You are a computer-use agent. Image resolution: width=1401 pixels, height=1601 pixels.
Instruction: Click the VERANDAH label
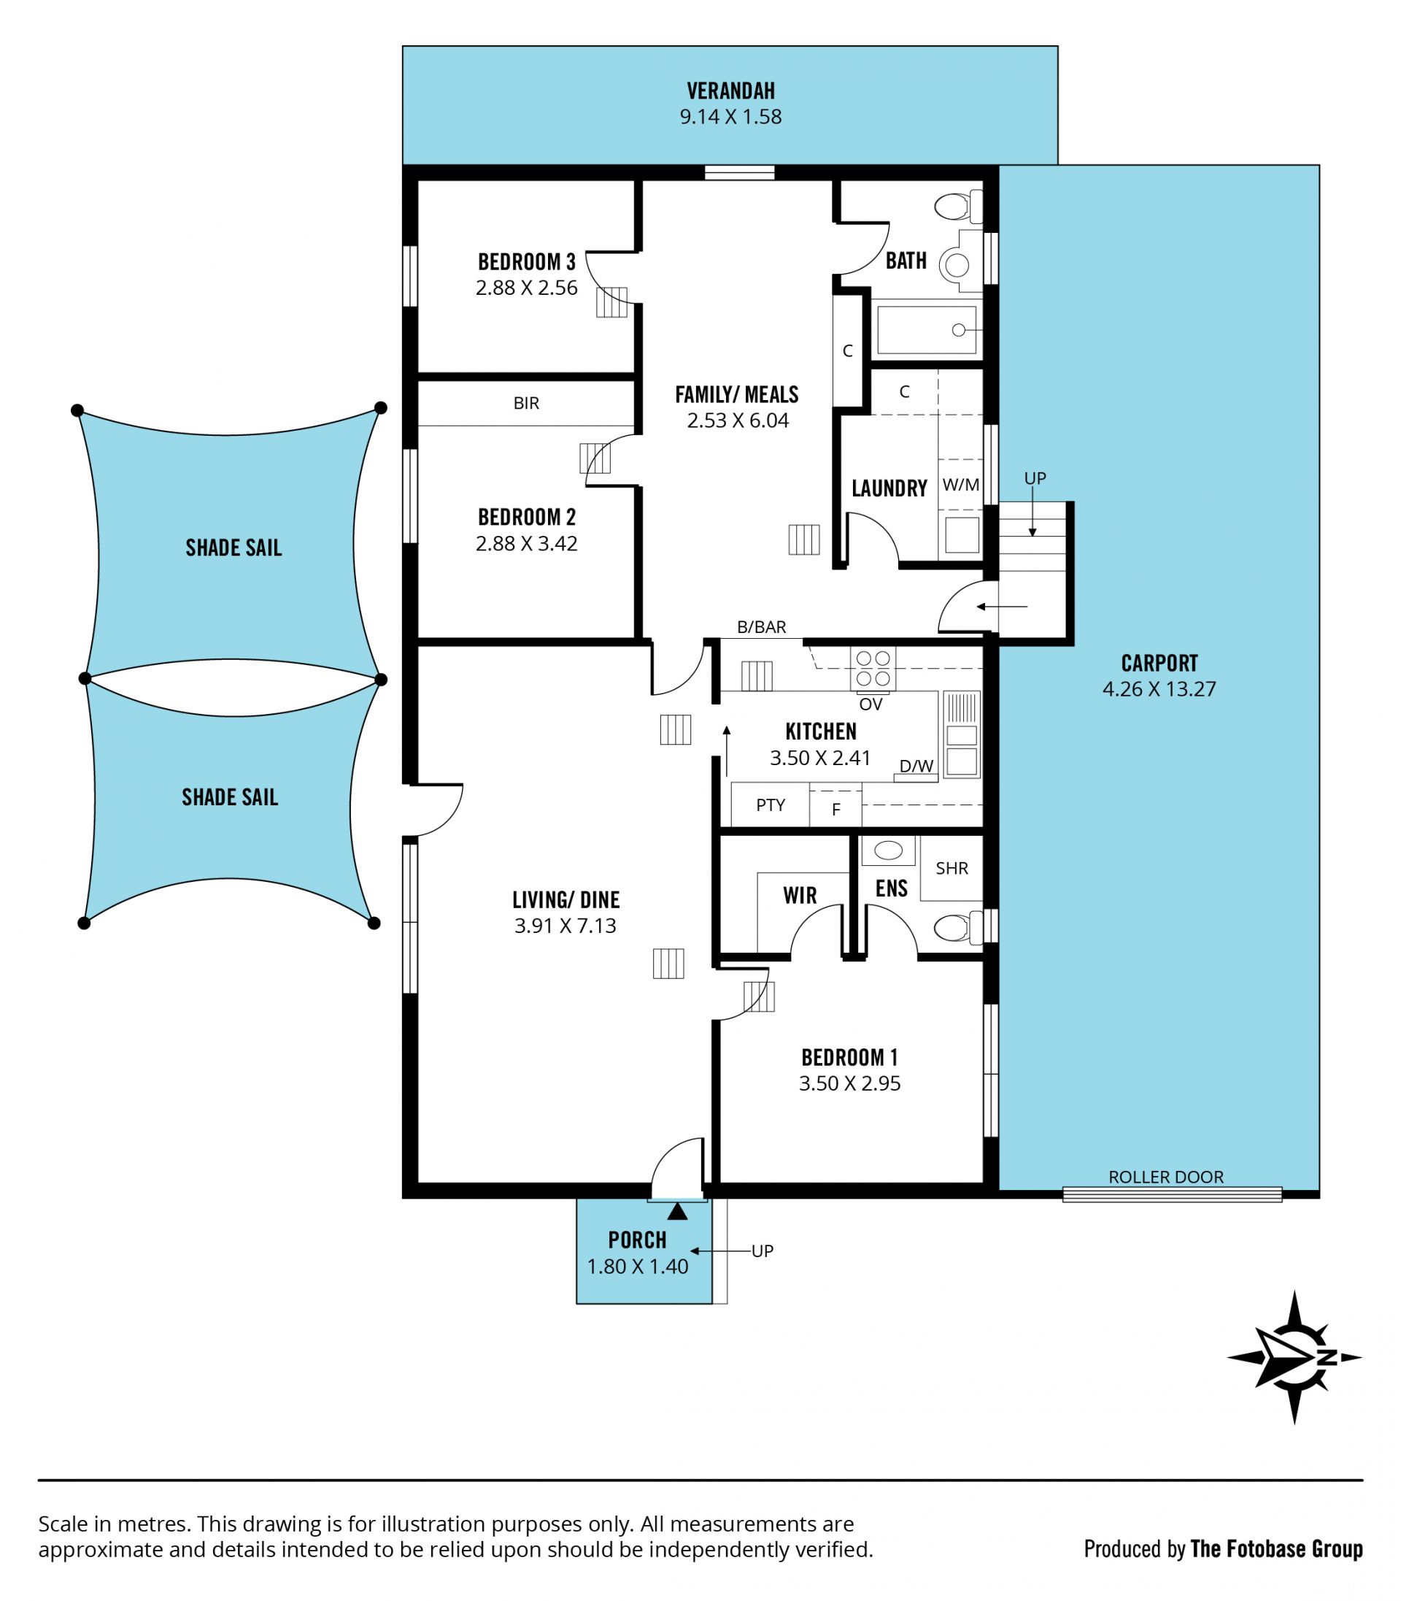pos(730,91)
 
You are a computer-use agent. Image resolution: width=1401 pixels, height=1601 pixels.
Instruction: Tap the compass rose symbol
pos(1294,1357)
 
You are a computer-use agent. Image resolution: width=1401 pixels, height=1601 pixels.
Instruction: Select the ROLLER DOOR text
pos(1166,1177)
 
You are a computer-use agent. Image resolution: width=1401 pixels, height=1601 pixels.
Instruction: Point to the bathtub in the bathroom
pos(927,330)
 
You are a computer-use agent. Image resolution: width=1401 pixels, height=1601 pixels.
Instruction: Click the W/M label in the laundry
pos(961,485)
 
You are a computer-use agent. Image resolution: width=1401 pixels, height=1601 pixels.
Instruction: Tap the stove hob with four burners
pos(873,669)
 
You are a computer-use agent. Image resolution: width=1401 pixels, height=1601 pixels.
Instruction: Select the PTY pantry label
pos(770,805)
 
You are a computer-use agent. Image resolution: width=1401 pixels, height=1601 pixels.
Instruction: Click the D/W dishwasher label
pos(916,766)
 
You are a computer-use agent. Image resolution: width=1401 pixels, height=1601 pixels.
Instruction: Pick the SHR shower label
pos(952,868)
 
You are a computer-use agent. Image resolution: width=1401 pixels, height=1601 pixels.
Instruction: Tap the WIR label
pos(800,896)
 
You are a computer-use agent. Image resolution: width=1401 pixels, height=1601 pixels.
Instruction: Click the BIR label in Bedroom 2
pos(526,403)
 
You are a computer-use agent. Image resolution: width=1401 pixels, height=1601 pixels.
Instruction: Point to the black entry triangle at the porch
pos(678,1211)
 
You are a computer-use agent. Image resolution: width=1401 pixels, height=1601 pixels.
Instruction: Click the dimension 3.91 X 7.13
pos(566,926)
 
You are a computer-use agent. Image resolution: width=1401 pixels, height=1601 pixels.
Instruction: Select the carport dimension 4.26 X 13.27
pos(1159,689)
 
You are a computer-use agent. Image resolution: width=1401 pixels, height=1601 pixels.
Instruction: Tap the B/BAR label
pos(762,627)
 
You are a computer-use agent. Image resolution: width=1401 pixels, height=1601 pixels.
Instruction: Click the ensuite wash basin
pos(888,851)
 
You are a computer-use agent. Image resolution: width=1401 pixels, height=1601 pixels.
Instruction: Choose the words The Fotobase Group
pos(1277,1549)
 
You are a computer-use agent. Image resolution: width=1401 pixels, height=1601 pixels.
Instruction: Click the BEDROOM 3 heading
pos(527,262)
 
